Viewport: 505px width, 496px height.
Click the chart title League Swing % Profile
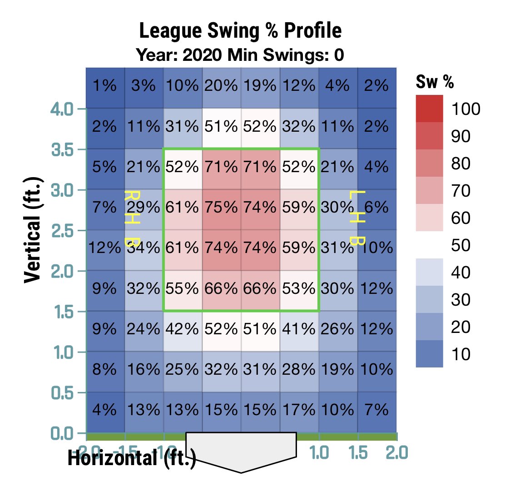pyautogui.click(x=240, y=32)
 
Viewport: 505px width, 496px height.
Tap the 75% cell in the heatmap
pyautogui.click(x=221, y=207)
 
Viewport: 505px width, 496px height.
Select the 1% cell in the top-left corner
pyautogui.click(x=105, y=85)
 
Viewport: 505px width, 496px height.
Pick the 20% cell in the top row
pyautogui.click(x=221, y=85)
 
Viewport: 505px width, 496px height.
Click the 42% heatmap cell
pyautogui.click(x=182, y=328)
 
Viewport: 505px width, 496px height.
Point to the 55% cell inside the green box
pyautogui.click(x=182, y=288)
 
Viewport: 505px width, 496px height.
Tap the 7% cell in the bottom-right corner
pyautogui.click(x=376, y=410)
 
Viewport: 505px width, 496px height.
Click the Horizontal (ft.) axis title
pyautogui.click(x=132, y=459)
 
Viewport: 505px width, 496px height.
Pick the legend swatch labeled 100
pyautogui.click(x=429, y=109)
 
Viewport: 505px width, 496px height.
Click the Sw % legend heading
pyautogui.click(x=435, y=83)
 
